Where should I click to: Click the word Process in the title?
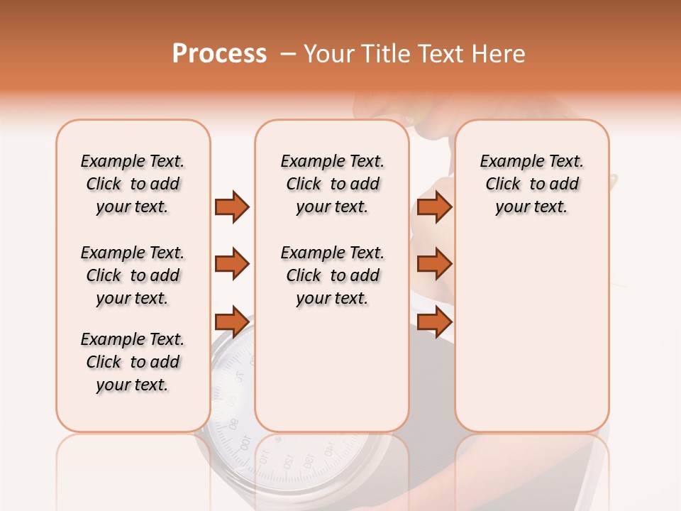pyautogui.click(x=219, y=54)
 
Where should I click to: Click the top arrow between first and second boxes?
pyautogui.click(x=232, y=207)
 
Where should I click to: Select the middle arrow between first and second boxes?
pyautogui.click(x=232, y=264)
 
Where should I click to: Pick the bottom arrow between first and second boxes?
pyautogui.click(x=232, y=322)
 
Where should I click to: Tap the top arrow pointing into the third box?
pyautogui.click(x=434, y=207)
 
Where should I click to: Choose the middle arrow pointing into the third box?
pyautogui.click(x=434, y=264)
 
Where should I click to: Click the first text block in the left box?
pyautogui.click(x=133, y=184)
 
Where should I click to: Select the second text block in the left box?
pyautogui.click(x=133, y=275)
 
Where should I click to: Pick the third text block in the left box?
pyautogui.click(x=133, y=362)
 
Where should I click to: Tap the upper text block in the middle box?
pyautogui.click(x=332, y=184)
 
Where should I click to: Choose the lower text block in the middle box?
pyautogui.click(x=332, y=275)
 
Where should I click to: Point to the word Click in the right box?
pyautogui.click(x=503, y=185)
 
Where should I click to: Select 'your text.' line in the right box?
pyautogui.click(x=531, y=207)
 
